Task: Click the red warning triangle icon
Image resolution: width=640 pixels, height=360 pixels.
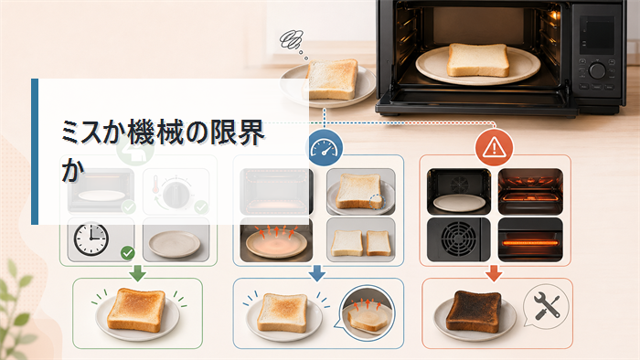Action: coord(494,147)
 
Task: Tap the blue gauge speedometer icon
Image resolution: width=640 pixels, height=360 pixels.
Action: coord(324,148)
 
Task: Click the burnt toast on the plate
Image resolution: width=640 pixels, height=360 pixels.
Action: coord(474,311)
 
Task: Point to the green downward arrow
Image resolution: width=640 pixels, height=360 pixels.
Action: coord(137,273)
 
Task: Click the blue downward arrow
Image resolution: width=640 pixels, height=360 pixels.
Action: coord(317,273)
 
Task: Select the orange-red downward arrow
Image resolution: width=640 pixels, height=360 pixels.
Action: coord(494,273)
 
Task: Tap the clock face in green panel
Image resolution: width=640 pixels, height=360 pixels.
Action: coord(91,238)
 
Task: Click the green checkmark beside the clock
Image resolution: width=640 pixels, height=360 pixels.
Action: coord(128,253)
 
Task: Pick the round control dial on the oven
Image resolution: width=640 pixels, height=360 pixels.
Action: coord(597,70)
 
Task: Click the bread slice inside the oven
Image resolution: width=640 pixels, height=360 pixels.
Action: coord(478,60)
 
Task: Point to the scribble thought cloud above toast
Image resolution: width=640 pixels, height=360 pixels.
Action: coord(291,40)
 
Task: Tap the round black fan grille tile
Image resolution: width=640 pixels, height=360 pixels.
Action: coord(458,239)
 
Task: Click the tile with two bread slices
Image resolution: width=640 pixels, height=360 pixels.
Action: coord(361,239)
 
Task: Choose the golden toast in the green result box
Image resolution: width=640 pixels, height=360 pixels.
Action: coord(137,310)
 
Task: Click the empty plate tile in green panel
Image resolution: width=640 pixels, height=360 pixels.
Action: coord(176,239)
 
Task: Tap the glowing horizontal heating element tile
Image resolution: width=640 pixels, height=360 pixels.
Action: coord(530,239)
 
